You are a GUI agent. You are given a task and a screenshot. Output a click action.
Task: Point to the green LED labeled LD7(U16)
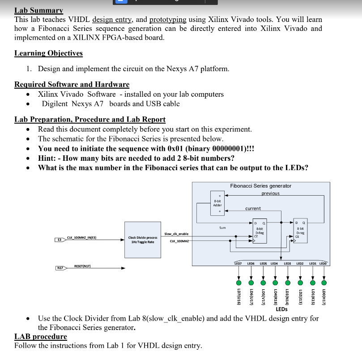[x=238, y=283]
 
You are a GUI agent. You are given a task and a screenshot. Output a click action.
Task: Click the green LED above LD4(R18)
[x=275, y=283]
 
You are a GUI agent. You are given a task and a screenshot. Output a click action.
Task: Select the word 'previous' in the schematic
[x=270, y=193]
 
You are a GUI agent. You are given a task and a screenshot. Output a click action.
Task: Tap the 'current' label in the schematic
[x=253, y=209]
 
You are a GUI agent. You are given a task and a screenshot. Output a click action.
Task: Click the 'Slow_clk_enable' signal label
[x=176, y=234]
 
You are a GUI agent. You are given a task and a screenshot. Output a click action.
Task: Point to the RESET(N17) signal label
[x=82, y=266]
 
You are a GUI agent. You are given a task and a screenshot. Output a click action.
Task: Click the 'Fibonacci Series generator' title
[x=260, y=185]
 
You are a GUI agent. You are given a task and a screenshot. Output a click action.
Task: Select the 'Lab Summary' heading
[x=38, y=10]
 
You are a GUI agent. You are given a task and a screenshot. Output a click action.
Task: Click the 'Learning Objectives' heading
[x=48, y=53]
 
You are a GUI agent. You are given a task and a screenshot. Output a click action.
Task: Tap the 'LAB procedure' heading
[x=40, y=336]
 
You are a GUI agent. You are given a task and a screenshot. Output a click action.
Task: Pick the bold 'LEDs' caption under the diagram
[x=281, y=309]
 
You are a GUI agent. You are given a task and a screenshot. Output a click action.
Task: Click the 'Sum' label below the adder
[x=222, y=228]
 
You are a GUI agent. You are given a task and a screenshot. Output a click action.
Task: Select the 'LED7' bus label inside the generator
[x=238, y=263]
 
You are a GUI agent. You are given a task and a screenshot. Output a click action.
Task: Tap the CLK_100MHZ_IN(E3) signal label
[x=82, y=237]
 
